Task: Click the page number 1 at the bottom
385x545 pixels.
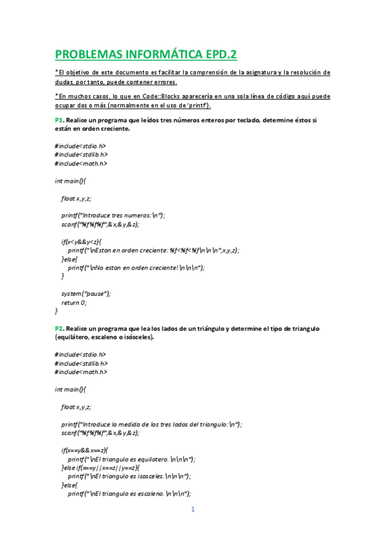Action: point(192,510)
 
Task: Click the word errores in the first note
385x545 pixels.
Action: point(162,82)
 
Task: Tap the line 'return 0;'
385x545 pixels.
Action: point(74,302)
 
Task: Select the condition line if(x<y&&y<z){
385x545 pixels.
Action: point(83,242)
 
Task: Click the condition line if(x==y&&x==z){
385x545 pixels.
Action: point(85,450)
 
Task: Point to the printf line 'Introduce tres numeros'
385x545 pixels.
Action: point(113,215)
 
